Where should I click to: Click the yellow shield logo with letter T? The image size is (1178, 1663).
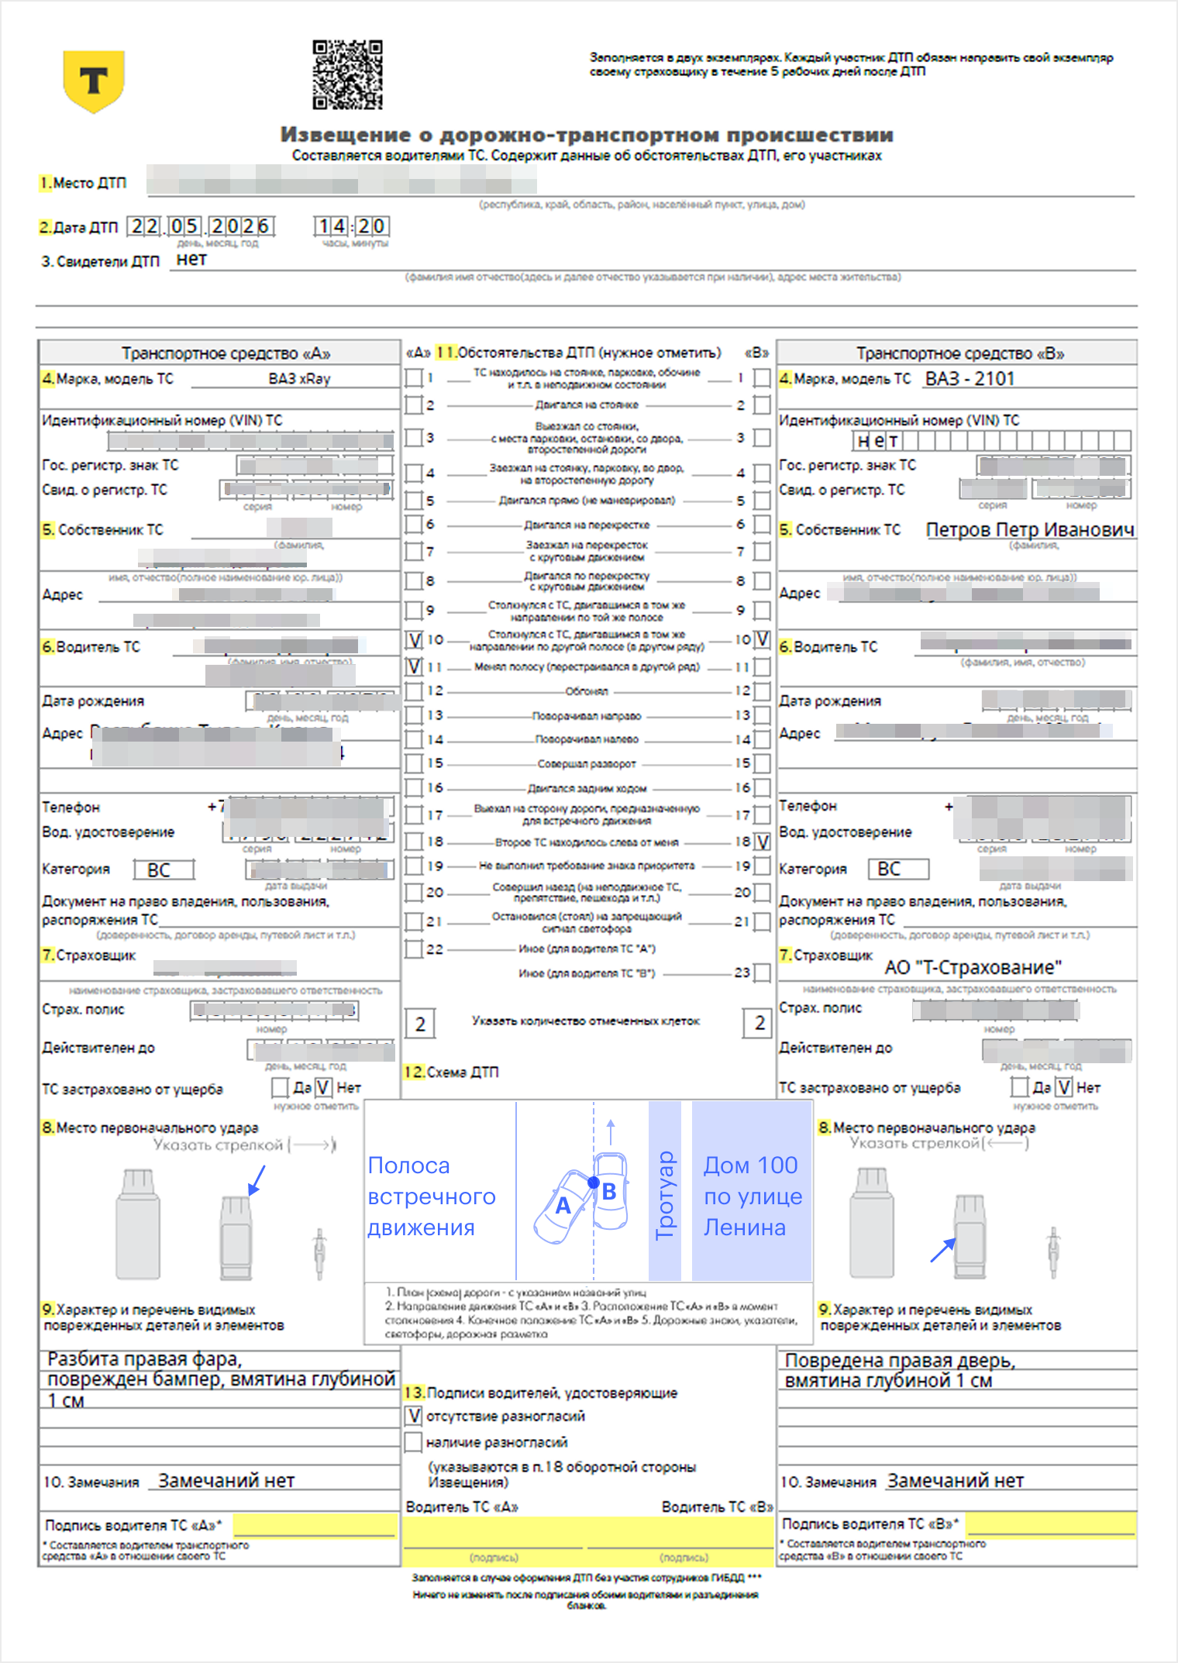(x=94, y=81)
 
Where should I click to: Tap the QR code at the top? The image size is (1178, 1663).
(x=347, y=74)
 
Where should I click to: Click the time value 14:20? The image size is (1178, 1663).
(x=351, y=226)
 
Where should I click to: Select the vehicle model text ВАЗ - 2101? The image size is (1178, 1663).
(x=970, y=378)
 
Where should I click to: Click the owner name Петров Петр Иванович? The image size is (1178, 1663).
(x=1030, y=529)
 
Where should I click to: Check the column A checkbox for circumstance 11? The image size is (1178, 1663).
(x=414, y=666)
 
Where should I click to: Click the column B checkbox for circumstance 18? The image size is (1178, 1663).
(x=763, y=842)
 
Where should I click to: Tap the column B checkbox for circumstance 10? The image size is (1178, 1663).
(x=763, y=639)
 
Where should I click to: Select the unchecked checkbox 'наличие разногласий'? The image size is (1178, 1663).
(x=413, y=1442)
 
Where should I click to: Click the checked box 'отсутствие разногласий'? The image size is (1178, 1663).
(x=413, y=1416)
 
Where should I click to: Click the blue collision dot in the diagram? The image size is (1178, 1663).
(x=594, y=1183)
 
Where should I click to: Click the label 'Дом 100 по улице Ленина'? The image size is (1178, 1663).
(x=752, y=1196)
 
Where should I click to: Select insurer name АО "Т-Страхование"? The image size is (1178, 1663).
(x=973, y=967)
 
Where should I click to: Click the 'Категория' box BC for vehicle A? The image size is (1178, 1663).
(x=163, y=869)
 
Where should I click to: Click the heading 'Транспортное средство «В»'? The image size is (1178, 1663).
(x=959, y=353)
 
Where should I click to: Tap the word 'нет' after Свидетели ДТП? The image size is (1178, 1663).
(x=191, y=260)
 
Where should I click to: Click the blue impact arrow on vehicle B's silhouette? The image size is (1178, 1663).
(x=942, y=1250)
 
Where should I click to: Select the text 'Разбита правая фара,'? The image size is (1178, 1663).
(x=145, y=1359)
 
